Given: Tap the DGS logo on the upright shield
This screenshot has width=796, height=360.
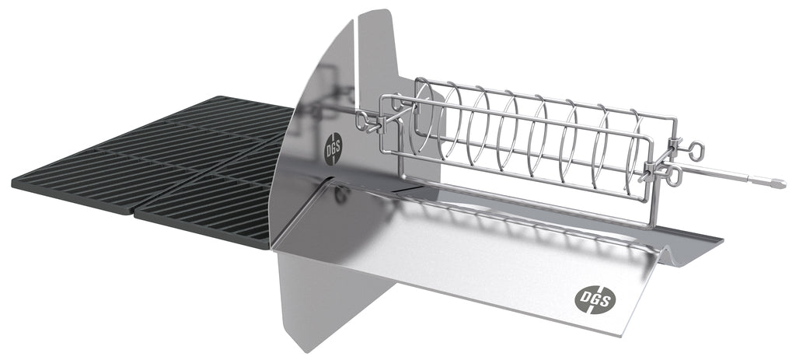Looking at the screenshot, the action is (333, 149).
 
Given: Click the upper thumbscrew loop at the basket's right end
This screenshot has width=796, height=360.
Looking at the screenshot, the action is (696, 150).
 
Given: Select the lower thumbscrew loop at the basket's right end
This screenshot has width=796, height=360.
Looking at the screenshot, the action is (675, 176).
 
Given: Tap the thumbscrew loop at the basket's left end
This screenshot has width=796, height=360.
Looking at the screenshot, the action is (361, 121).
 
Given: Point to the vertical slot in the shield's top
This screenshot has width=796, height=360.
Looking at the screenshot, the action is (356, 66).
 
